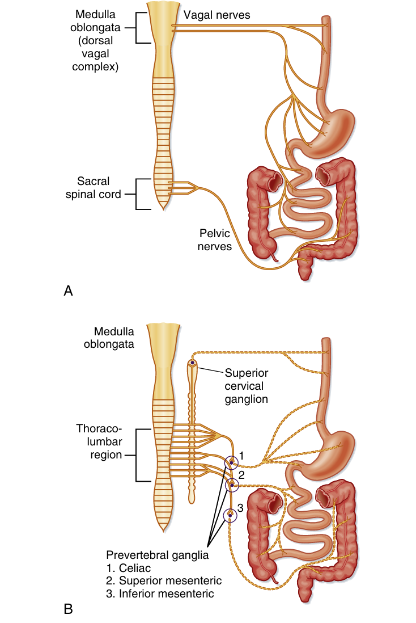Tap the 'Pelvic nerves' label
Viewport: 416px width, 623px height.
pos(215,239)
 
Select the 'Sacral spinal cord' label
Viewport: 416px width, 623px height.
pos(101,188)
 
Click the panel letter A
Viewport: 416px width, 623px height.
pos(68,291)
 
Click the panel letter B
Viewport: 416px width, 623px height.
pos(68,610)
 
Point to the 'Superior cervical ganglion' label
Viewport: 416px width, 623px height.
pos(246,386)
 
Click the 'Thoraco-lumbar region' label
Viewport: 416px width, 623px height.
pos(99,442)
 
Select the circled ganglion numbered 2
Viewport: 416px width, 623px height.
pos(231,485)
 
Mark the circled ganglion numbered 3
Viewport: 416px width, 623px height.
pos(231,515)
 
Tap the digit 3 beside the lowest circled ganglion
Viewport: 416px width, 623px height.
pos(240,508)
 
